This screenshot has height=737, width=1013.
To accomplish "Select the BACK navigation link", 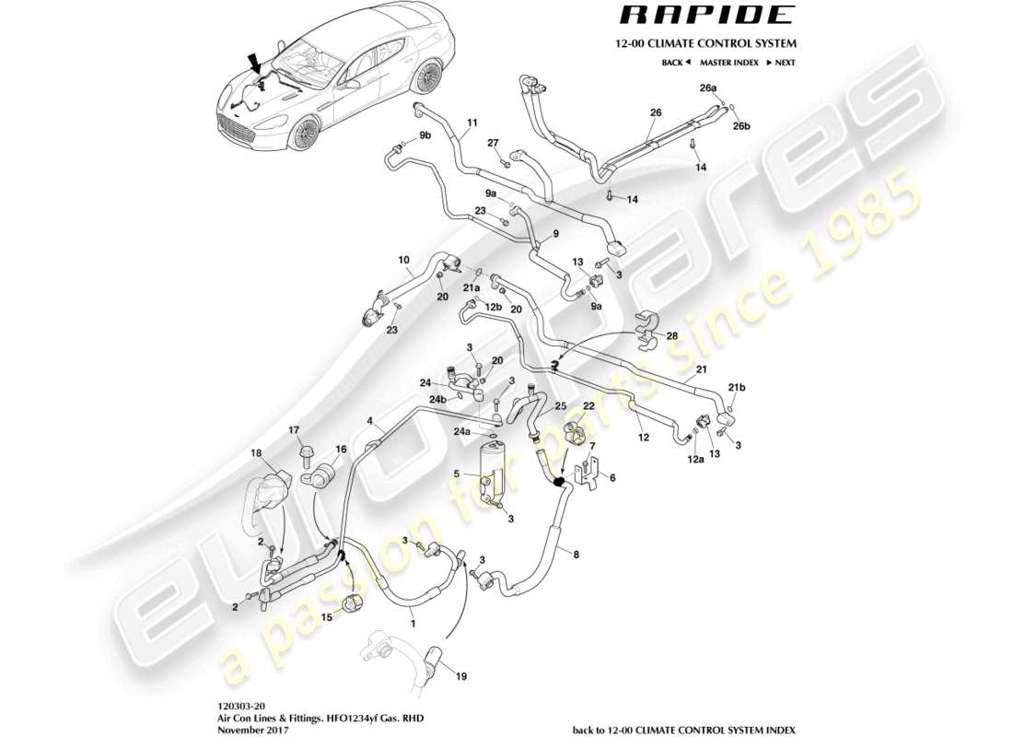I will click(x=675, y=63).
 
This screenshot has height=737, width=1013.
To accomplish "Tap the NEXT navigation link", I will click(x=782, y=63).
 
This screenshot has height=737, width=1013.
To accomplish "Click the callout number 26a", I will click(x=707, y=88).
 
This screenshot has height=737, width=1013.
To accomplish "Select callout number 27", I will click(x=493, y=143).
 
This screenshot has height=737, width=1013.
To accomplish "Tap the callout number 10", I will click(x=403, y=261).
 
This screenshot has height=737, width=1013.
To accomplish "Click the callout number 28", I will click(x=671, y=336).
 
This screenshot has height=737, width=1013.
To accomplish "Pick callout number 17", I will click(x=295, y=429).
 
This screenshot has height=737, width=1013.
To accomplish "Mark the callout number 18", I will click(x=257, y=453).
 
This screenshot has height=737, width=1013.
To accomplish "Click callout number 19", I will click(x=461, y=676).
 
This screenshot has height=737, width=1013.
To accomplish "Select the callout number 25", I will click(x=559, y=405).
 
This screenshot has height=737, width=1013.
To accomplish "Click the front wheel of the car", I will click(x=303, y=135).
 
